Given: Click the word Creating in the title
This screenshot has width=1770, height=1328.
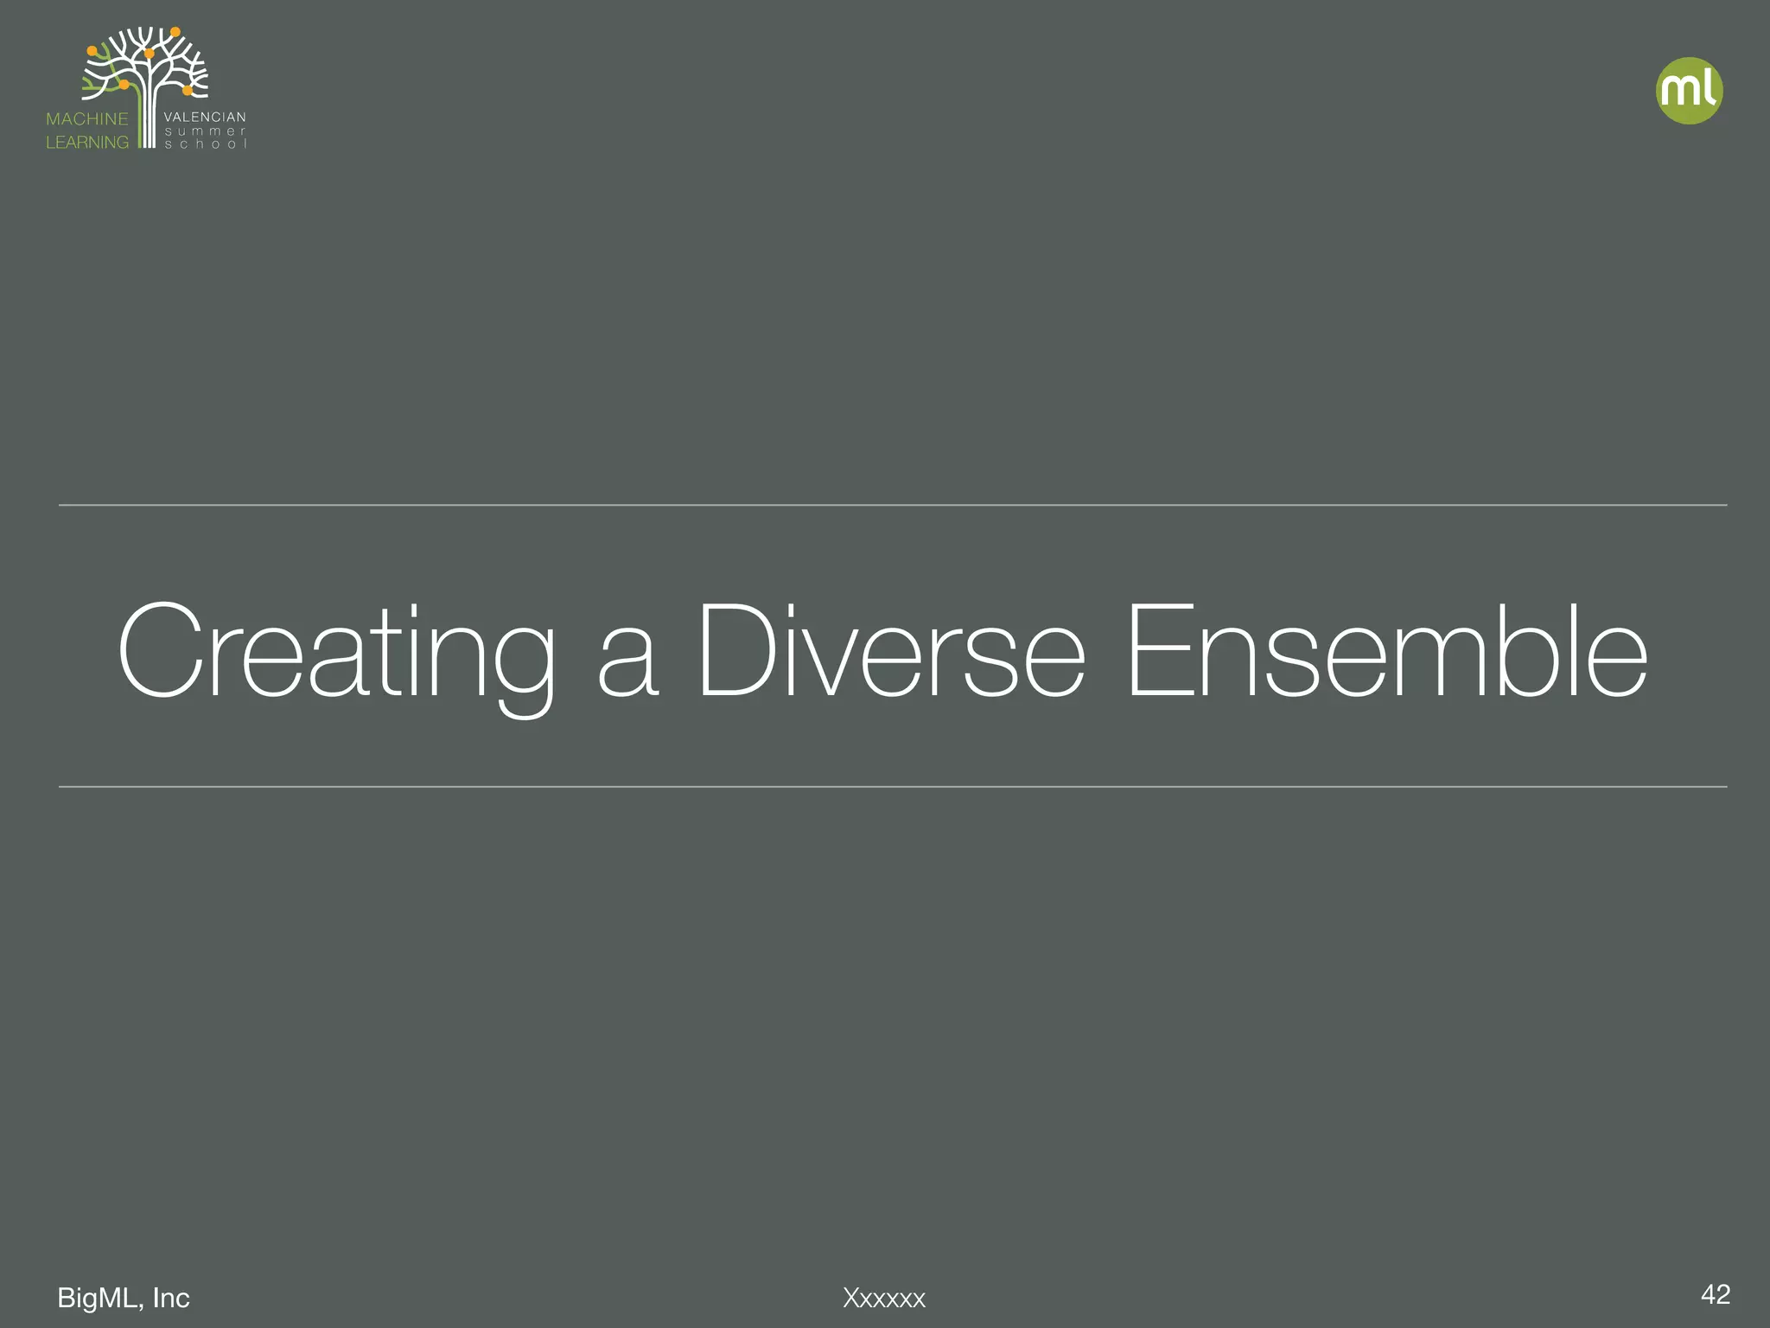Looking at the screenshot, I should (x=335, y=652).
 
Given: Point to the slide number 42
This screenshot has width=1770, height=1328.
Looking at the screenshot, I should (x=1715, y=1294).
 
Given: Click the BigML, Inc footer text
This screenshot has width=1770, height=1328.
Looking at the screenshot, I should (x=123, y=1298).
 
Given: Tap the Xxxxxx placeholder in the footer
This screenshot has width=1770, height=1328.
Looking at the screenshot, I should (x=884, y=1299).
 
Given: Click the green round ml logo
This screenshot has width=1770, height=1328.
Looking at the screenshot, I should (x=1689, y=91).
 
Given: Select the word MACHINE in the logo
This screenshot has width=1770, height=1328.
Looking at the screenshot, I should (x=86, y=119).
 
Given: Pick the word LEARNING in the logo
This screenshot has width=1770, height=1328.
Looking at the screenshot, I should (x=86, y=143).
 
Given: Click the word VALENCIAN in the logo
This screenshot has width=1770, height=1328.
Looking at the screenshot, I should (x=205, y=117).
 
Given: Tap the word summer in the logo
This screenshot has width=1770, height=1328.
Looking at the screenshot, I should (x=205, y=131).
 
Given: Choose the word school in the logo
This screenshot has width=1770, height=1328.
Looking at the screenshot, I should (x=205, y=144).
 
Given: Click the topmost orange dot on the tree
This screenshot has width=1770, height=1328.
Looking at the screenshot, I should (x=175, y=32).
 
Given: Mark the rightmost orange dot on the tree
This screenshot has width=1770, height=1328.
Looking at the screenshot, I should (x=188, y=90).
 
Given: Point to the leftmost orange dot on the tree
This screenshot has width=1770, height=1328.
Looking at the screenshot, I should (x=92, y=51).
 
